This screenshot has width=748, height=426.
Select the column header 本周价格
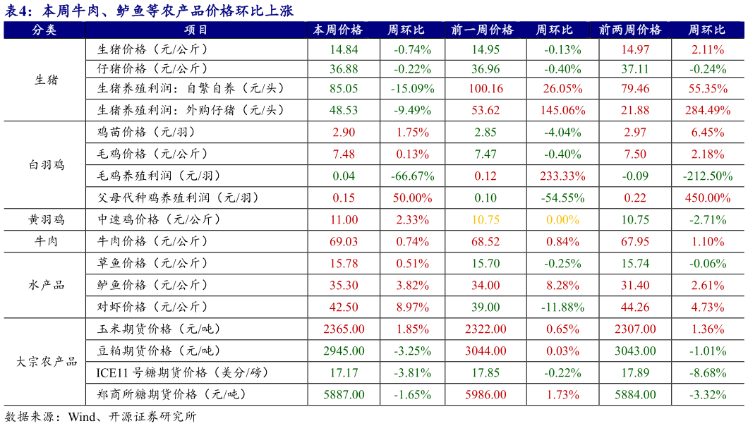tap(337, 30)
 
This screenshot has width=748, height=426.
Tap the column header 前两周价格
tap(629, 30)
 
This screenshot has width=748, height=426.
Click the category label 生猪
tap(47, 80)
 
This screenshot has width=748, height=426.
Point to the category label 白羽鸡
tap(47, 165)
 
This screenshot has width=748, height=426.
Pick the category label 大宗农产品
tap(47, 362)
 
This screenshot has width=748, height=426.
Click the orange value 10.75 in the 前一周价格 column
tap(485, 220)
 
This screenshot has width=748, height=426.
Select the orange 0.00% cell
tap(562, 220)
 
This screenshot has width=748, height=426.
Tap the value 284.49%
tap(707, 111)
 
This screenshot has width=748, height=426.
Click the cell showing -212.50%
tap(707, 176)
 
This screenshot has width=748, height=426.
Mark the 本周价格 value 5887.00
tap(344, 395)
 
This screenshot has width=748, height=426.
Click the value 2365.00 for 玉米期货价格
tap(344, 329)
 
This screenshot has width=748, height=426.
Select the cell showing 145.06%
tap(562, 111)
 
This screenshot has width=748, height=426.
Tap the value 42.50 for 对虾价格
tap(344, 308)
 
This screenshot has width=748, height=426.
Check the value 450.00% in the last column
tap(707, 198)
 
